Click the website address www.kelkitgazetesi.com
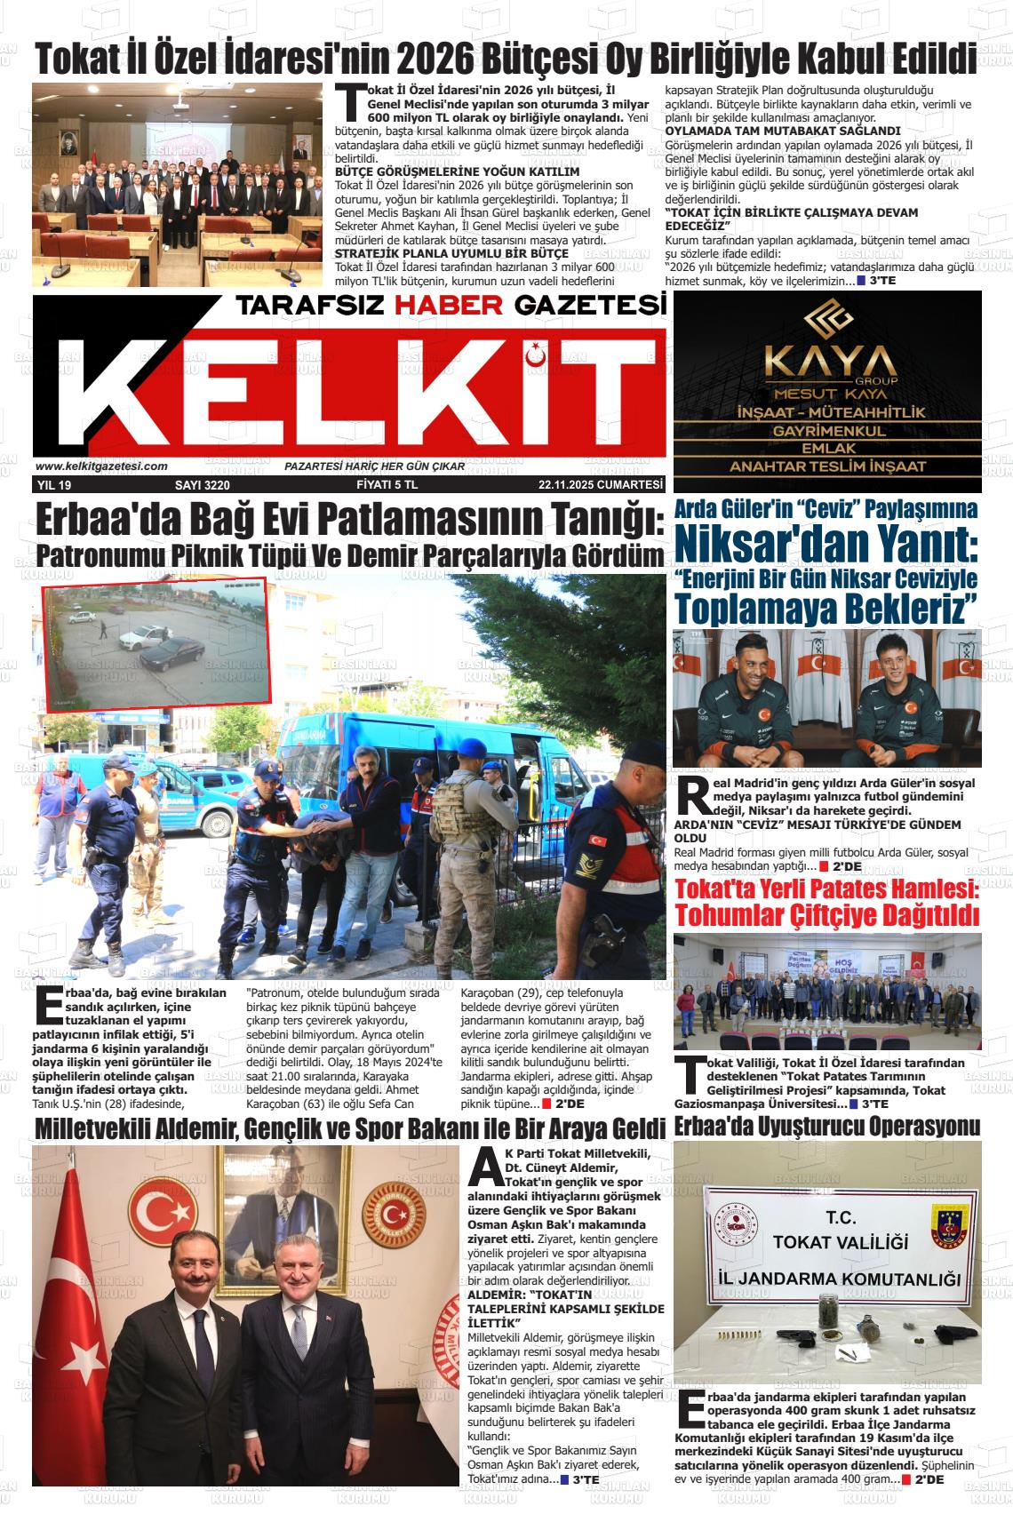click(101, 466)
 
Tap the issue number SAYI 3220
click(203, 485)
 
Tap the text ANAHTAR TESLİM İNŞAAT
click(828, 466)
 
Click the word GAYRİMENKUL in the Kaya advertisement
click(828, 431)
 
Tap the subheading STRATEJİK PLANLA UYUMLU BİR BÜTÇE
click(451, 253)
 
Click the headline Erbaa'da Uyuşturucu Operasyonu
click(827, 1127)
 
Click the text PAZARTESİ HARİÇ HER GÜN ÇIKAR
click(374, 466)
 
